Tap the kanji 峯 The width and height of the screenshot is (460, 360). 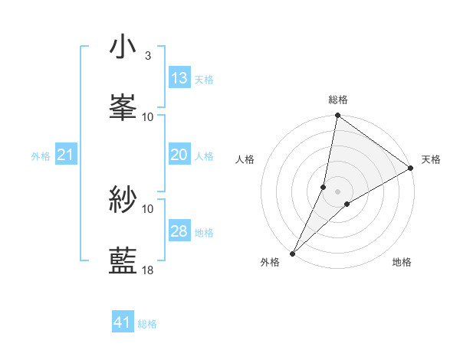click(123, 107)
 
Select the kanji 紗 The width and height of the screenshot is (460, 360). click(123, 200)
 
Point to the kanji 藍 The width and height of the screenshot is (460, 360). click(123, 260)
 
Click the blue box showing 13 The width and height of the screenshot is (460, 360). click(179, 78)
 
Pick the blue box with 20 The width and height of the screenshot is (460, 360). click(179, 155)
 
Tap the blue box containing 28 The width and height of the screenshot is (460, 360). click(179, 231)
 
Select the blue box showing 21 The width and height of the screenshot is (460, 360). click(66, 155)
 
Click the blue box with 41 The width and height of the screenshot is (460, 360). click(123, 323)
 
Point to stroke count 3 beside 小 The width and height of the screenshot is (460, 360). click(147, 56)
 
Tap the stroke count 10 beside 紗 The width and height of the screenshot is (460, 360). click(148, 208)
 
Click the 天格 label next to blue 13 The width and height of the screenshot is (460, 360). click(204, 80)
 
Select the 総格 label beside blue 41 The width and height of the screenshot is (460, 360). click(147, 325)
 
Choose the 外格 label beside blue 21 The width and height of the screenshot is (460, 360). click(41, 156)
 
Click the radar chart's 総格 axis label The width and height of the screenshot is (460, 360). click(338, 100)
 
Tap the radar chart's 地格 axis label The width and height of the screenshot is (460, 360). click(402, 262)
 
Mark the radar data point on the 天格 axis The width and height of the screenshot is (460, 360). click(410, 169)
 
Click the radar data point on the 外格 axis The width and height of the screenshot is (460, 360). click(292, 253)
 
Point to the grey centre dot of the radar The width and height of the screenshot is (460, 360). click(338, 191)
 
